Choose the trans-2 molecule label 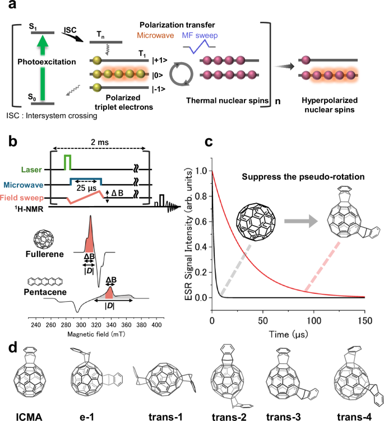[x=229, y=414]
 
